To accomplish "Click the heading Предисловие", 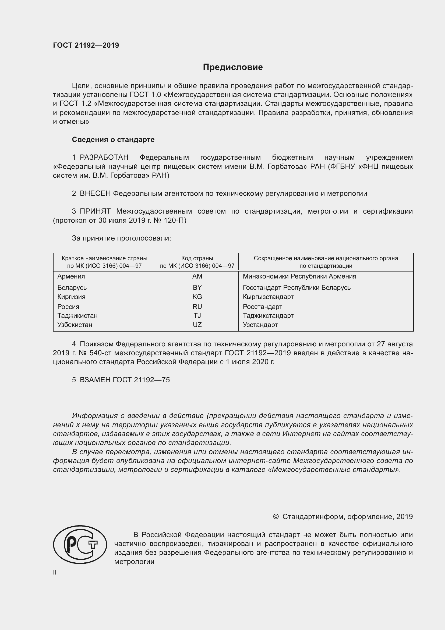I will [233, 67].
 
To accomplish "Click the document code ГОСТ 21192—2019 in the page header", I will [86, 45].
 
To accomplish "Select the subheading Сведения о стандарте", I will [113, 140].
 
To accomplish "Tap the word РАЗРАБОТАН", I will [104, 158].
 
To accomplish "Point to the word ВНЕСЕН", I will [95, 193].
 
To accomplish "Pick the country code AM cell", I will [197, 276].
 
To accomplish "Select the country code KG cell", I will [197, 297].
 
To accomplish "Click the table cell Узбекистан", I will [75, 325].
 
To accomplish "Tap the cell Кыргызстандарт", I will [268, 297].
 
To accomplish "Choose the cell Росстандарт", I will [262, 307].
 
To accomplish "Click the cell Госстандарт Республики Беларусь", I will [296, 288].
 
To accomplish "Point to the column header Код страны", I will [197, 258].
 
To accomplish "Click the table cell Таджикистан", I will [77, 316].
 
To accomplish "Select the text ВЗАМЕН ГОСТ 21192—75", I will [125, 380].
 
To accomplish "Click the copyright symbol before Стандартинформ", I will [276, 517].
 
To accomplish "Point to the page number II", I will [55, 572].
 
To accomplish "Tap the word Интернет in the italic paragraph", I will [299, 434].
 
